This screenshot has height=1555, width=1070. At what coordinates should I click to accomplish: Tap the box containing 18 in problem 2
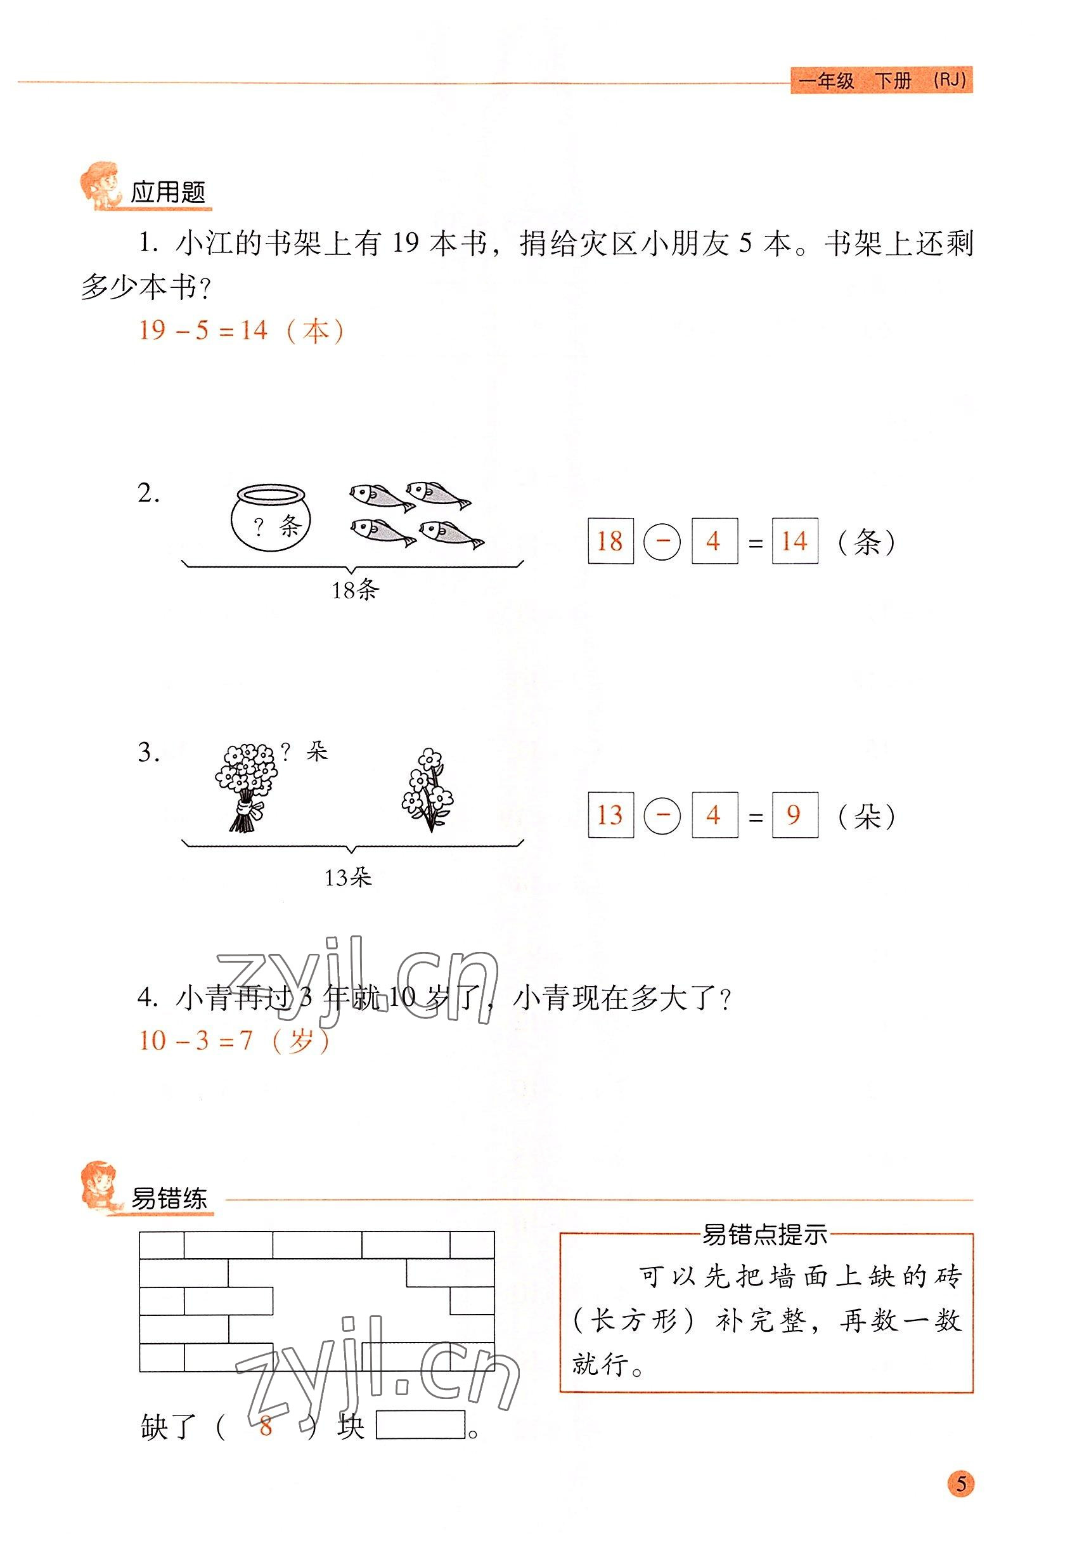point(610,540)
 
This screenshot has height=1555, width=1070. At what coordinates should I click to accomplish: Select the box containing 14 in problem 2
point(794,540)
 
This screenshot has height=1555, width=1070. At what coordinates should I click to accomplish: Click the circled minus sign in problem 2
point(662,541)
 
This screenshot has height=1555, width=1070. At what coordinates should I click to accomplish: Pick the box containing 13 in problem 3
point(610,815)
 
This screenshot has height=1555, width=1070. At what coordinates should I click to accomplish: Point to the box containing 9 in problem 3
point(794,815)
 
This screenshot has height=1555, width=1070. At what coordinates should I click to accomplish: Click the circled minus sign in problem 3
point(662,816)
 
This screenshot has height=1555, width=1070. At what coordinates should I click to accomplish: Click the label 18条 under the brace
point(356,590)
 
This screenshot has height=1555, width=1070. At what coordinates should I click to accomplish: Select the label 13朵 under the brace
point(348,877)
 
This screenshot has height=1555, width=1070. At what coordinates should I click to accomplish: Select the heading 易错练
point(169,1198)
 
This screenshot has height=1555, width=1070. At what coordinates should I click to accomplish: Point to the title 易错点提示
point(764,1235)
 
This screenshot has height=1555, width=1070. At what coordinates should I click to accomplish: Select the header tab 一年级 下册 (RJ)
point(882,81)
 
